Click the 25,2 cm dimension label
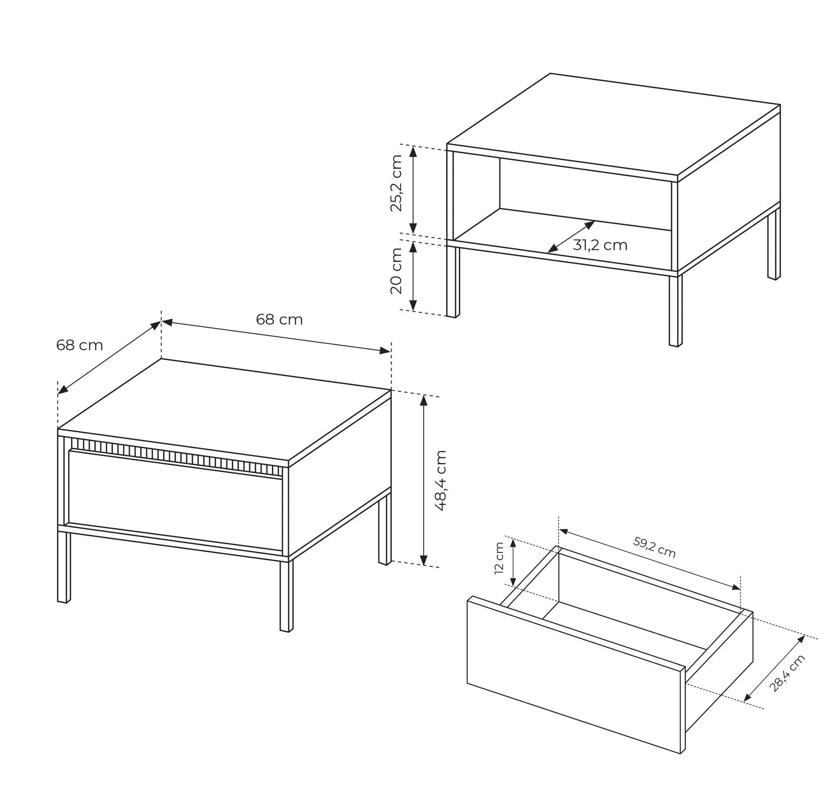[395, 183]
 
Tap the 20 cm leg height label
[395, 270]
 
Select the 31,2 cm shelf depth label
[600, 245]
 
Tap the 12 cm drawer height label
[499, 558]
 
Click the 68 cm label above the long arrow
[279, 319]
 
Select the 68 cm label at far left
[80, 345]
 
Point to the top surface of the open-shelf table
[614, 124]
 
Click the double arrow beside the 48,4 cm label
[424, 480]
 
